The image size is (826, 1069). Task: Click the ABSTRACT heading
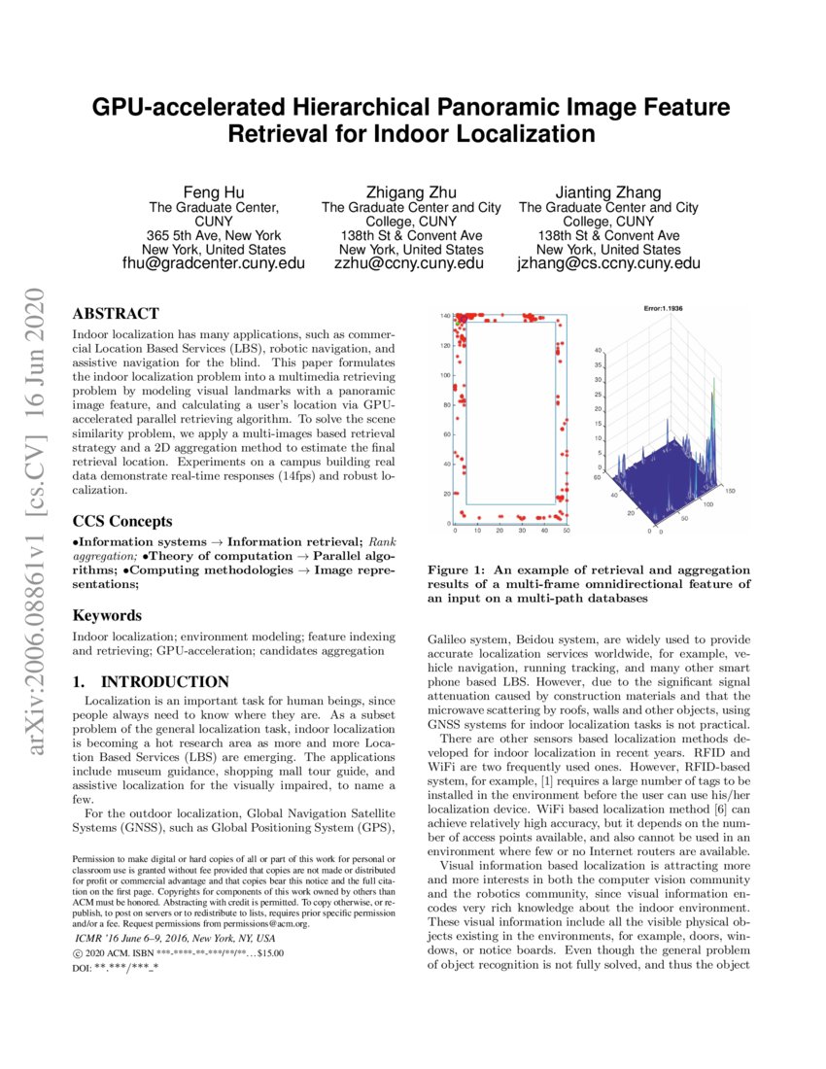[117, 314]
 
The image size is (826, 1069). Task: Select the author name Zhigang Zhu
[410, 191]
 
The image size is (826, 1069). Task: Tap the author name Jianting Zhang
[608, 191]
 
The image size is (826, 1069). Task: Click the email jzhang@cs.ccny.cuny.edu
[608, 262]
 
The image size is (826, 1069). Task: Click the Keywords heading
[107, 615]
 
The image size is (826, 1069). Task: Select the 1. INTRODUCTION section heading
[151, 681]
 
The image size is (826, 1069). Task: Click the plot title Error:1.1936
[664, 308]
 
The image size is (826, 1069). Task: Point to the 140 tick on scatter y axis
[444, 316]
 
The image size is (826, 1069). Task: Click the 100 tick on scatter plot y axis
[444, 375]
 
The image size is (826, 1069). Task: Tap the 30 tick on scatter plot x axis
[522, 531]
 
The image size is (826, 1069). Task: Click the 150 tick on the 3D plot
[730, 492]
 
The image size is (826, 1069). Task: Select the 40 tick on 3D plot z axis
[599, 350]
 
